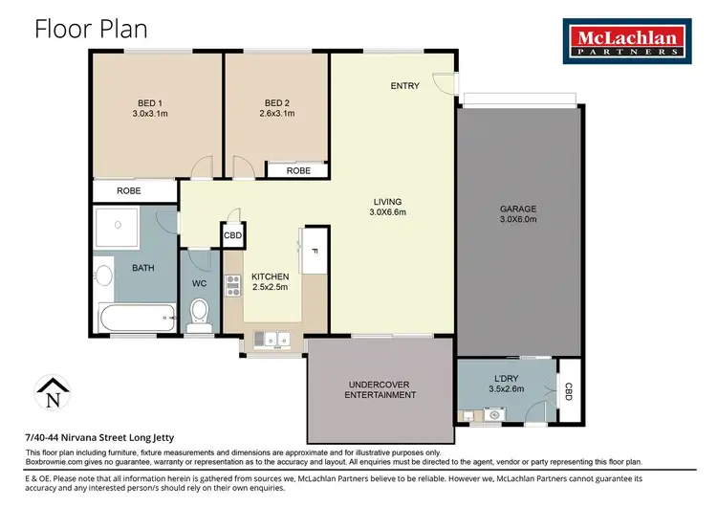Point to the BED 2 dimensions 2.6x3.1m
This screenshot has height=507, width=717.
point(278,113)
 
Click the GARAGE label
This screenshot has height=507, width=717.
point(518,208)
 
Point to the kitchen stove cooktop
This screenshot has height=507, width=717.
point(231,284)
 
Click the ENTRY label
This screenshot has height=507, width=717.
point(404,86)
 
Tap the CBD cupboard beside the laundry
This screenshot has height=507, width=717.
point(569,390)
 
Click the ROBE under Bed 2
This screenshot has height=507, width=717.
point(298,170)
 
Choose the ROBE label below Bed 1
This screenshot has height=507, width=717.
point(131,190)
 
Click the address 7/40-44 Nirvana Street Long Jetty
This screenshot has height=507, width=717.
point(100,437)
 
